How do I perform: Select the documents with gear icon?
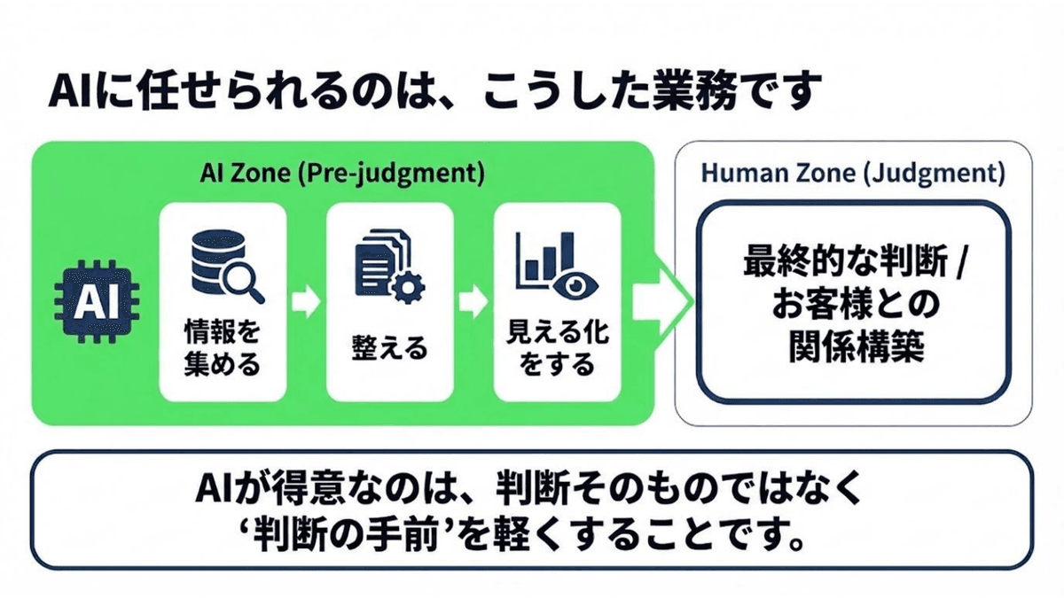389,266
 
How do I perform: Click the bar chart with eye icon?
557,265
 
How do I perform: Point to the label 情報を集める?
223,347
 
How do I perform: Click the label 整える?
389,346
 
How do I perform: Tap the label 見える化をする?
557,347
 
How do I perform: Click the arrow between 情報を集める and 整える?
307,303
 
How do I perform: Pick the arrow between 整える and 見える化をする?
473,303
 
